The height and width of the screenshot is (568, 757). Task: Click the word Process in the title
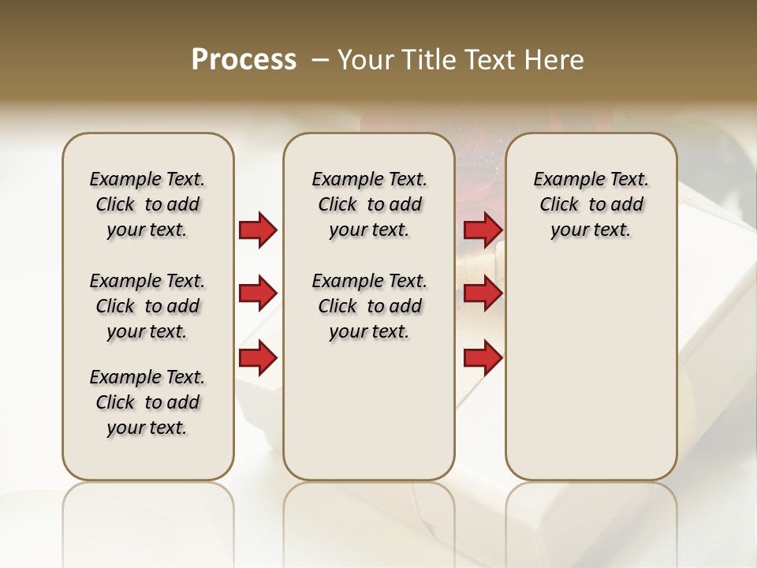pos(244,59)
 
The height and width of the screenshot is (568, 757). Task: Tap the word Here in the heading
pos(554,59)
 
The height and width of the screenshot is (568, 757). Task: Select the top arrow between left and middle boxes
pos(258,230)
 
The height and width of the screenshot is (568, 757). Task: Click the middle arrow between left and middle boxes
pos(258,294)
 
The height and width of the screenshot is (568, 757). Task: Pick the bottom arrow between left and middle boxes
pos(258,358)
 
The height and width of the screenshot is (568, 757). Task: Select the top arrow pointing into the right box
pos(483,230)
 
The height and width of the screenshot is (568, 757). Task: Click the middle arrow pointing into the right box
pos(483,294)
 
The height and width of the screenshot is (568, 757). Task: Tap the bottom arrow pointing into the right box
pos(483,358)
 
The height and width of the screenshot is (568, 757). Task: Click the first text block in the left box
pos(147,204)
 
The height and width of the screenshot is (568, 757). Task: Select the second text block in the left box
pos(147,306)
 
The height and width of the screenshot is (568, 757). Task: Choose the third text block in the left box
pos(147,402)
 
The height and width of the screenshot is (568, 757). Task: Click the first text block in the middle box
pos(369,204)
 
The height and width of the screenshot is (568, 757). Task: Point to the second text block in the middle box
pos(369,306)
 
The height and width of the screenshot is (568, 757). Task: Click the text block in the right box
pos(591,204)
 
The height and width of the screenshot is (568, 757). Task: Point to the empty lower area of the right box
pos(591,379)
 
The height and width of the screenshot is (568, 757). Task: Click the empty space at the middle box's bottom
pos(369,426)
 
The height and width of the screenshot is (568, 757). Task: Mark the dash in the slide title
pos(320,59)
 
